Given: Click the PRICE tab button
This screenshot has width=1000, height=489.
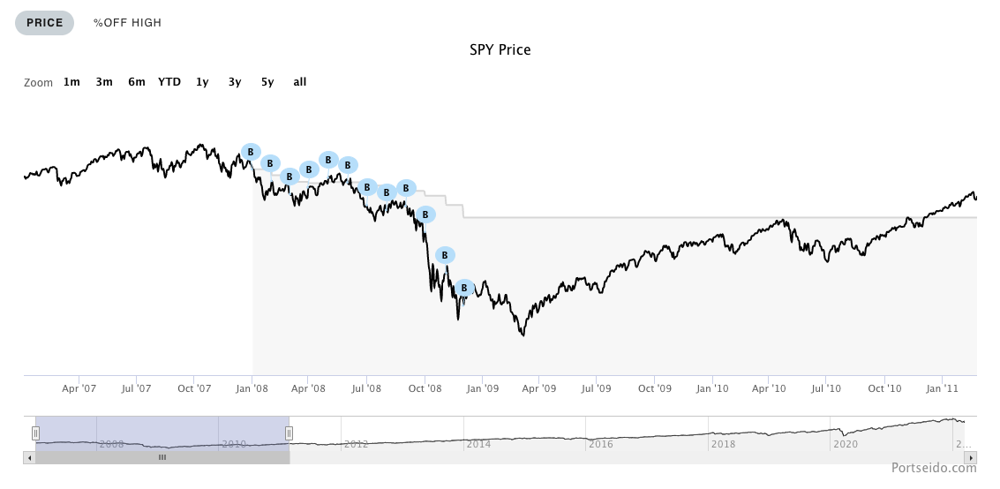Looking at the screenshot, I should (44, 23).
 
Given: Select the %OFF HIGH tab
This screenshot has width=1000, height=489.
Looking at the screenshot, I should (127, 23).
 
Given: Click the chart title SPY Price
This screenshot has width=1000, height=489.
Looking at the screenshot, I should (500, 49).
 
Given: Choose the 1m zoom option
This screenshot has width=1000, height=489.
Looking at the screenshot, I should (71, 82).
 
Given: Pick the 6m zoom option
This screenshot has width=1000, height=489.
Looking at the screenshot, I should (136, 82).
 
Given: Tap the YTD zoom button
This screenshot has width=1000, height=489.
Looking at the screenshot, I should (169, 82).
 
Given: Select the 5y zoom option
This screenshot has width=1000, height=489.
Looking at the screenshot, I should (267, 82).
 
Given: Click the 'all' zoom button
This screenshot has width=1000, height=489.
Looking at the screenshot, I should (300, 82).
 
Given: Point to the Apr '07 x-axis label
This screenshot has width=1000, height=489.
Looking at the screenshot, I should (79, 388).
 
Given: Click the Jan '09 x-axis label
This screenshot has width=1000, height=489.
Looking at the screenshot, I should (483, 388).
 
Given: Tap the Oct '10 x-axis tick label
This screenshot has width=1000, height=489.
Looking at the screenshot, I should (884, 388).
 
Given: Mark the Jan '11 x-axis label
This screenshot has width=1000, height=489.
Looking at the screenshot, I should (943, 388).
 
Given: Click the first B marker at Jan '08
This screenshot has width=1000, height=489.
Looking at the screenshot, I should (251, 152).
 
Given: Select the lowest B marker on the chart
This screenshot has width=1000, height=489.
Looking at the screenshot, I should (464, 288).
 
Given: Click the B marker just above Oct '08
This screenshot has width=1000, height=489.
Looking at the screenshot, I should (425, 214).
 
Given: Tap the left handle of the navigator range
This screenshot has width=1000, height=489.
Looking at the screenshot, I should (36, 433).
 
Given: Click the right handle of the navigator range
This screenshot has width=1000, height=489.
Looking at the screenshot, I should (289, 433).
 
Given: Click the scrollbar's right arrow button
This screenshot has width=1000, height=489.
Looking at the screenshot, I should (971, 458).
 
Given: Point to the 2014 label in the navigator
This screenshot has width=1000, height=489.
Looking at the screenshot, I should (478, 445).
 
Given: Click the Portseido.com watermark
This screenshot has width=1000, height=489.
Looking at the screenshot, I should (933, 469).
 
